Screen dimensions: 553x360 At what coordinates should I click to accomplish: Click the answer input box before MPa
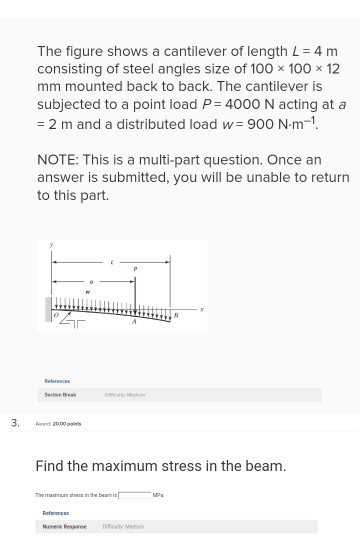(135, 494)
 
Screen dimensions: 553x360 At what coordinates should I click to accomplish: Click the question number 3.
(14, 422)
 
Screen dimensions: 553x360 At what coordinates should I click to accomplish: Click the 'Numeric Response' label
(65, 526)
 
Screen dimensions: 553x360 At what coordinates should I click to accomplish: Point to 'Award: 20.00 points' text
(58, 423)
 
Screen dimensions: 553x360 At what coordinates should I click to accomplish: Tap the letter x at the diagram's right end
(202, 309)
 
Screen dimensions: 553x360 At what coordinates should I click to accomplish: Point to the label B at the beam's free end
(176, 313)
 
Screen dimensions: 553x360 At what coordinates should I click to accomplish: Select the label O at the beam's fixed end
(57, 315)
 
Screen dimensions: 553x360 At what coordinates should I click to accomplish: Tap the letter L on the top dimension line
(112, 261)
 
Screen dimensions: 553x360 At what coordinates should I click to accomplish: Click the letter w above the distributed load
(87, 292)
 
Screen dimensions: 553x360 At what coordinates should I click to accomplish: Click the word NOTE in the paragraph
(59, 159)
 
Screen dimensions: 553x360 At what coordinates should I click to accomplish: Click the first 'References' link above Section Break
(57, 380)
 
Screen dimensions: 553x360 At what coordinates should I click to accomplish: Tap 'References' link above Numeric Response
(55, 513)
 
